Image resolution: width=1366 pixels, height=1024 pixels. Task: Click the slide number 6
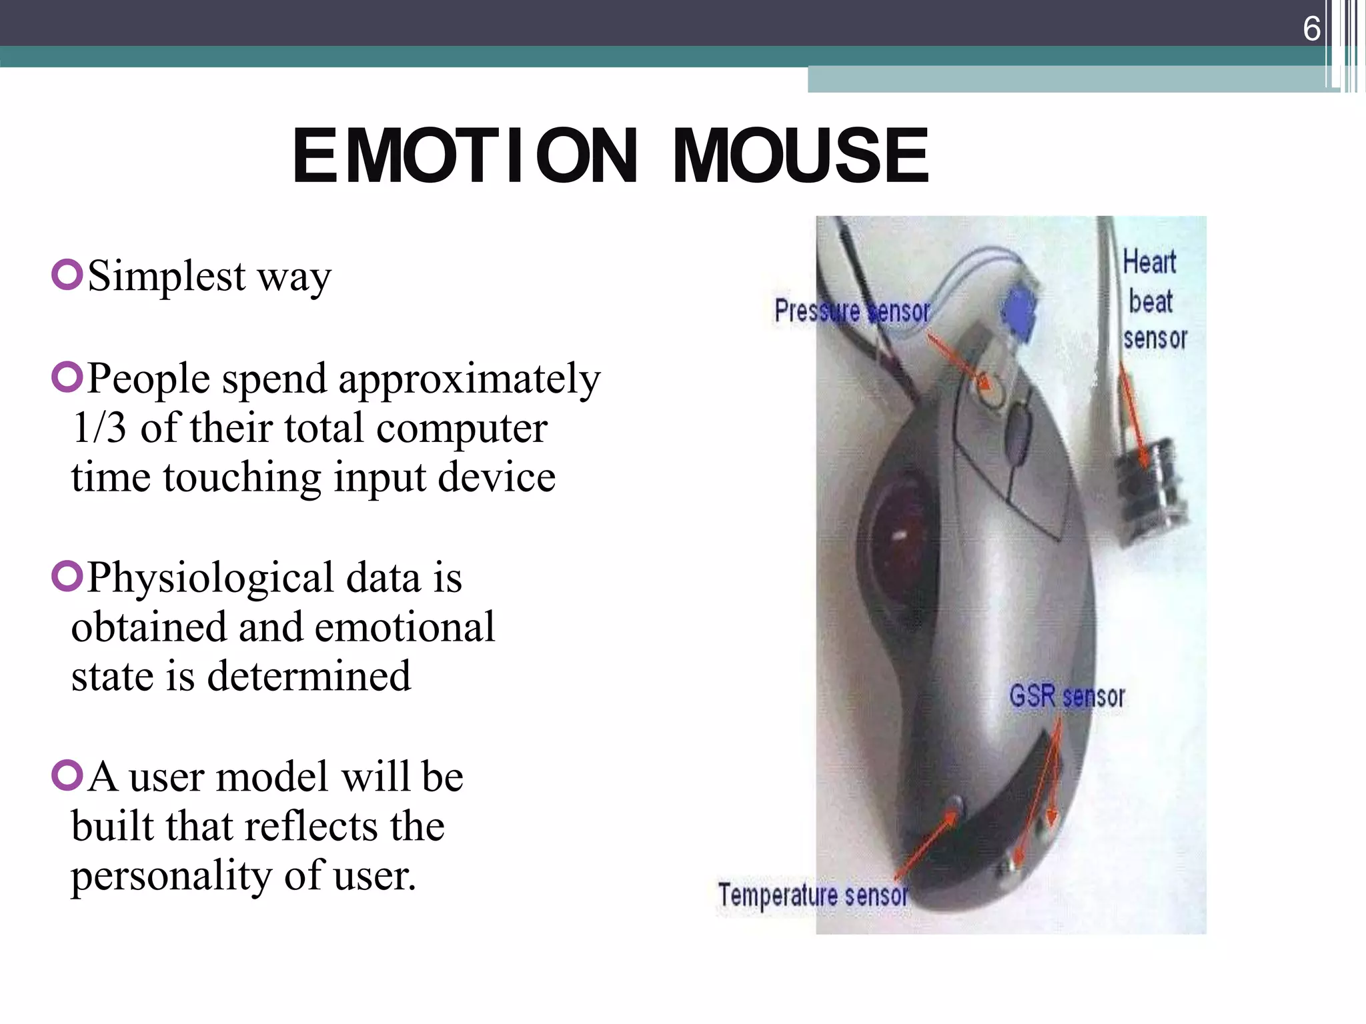coord(1311,29)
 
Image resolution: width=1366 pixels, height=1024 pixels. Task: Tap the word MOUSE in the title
coord(800,156)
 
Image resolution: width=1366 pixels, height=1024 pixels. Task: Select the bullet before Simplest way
coord(67,274)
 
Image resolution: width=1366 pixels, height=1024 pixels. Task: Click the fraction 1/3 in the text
coord(99,428)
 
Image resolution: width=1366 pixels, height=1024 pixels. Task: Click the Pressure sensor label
coord(852,311)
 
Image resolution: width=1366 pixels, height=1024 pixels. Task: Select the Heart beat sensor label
coord(1154,300)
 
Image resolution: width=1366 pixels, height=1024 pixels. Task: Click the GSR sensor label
coord(1067,697)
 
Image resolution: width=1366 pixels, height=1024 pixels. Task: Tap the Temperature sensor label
coord(812,895)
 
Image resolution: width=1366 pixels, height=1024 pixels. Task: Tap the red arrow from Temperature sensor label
coord(927,843)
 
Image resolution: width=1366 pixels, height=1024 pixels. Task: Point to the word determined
coord(309,677)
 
